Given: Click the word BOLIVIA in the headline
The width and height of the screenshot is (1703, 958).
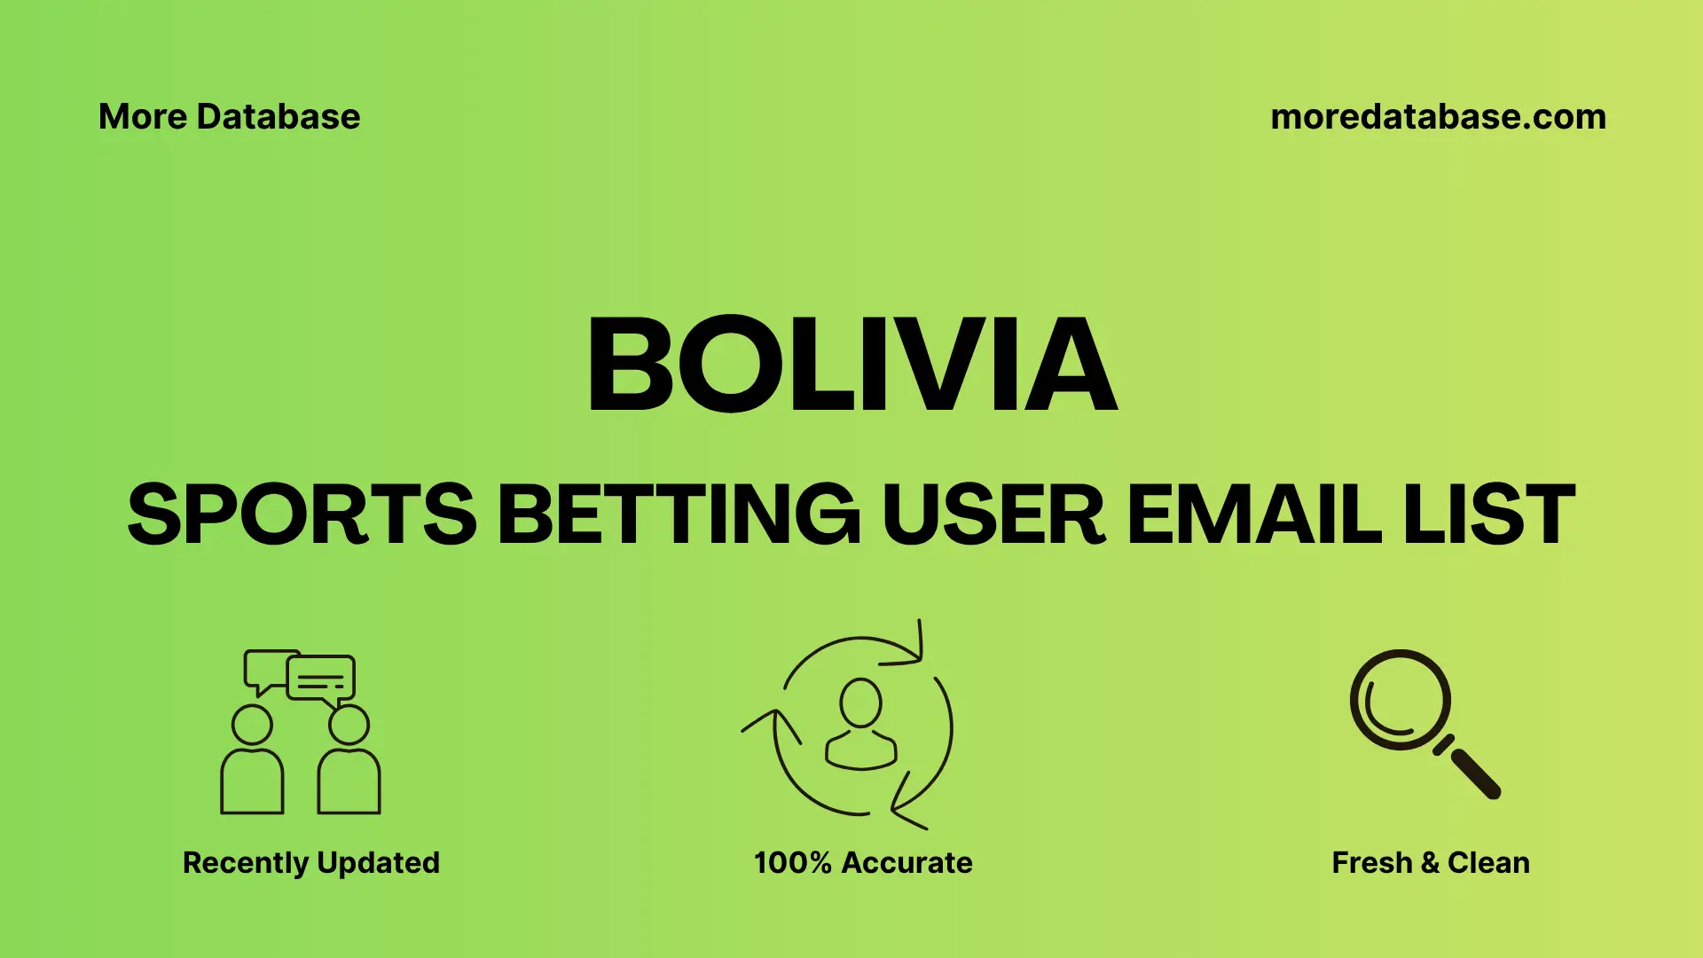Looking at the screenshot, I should pyautogui.click(x=851, y=365).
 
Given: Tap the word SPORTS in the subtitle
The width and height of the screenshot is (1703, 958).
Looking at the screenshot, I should pyautogui.click(x=302, y=514).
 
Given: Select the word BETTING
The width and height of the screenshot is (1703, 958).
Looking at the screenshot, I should pyautogui.click(x=679, y=514).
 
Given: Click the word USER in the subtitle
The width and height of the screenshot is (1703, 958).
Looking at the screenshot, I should pyautogui.click(x=993, y=514).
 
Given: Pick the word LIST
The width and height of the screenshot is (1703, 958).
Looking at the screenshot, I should pyautogui.click(x=1489, y=514).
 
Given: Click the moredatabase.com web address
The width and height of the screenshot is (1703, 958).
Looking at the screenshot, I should pyautogui.click(x=1438, y=117).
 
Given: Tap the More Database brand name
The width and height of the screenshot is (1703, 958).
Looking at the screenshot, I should pyautogui.click(x=229, y=117).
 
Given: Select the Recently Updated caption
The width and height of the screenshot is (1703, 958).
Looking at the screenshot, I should pyautogui.click(x=310, y=862).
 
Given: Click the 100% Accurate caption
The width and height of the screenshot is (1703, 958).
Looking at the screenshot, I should pyautogui.click(x=863, y=862).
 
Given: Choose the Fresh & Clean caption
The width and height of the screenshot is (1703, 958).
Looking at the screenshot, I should pyautogui.click(x=1431, y=862).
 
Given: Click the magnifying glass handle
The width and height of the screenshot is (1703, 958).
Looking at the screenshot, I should pyautogui.click(x=1473, y=772).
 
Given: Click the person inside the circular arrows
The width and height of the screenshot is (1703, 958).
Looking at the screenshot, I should pyautogui.click(x=860, y=725).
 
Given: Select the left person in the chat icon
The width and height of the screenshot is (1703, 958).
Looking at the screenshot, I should pyautogui.click(x=252, y=763).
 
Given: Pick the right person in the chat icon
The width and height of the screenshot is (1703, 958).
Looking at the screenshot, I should pyautogui.click(x=349, y=763).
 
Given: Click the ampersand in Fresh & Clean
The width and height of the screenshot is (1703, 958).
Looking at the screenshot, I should pyautogui.click(x=1429, y=862).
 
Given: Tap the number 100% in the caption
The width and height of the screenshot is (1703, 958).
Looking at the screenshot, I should pyautogui.click(x=792, y=862).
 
